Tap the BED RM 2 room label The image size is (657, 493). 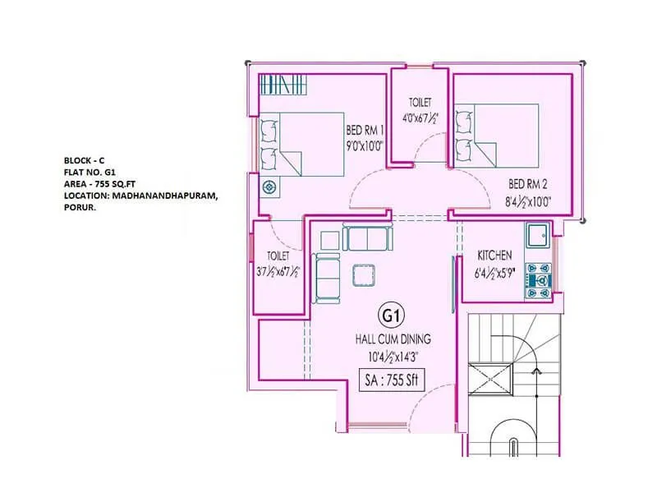tap(529, 184)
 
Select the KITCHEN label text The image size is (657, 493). tap(494, 256)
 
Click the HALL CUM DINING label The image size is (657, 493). tap(393, 339)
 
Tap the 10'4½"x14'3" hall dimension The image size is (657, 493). tap(393, 356)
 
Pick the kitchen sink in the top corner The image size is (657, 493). tap(539, 235)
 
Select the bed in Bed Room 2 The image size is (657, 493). tap(497, 140)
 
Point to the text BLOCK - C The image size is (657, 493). tap(84, 159)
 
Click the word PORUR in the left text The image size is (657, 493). tap(80, 209)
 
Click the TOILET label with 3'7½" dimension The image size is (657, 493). tap(277, 256)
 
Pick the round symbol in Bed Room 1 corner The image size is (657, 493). tap(269, 187)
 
